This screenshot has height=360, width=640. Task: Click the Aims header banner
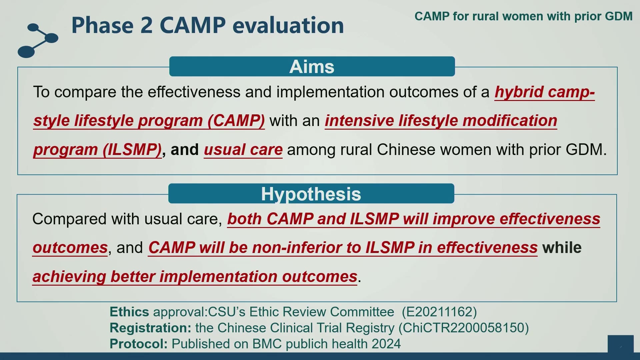pyautogui.click(x=312, y=66)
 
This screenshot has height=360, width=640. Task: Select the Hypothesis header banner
pyautogui.click(x=311, y=193)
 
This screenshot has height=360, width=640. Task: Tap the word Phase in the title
pyautogui.click(x=102, y=25)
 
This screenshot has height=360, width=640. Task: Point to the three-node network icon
pyautogui.click(x=38, y=40)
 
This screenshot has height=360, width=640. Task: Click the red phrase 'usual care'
pyautogui.click(x=243, y=149)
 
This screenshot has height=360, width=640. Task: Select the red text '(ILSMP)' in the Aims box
pyautogui.click(x=132, y=150)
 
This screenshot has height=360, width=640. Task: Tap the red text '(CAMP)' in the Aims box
pyautogui.click(x=236, y=121)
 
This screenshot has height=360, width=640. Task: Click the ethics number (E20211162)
pyautogui.click(x=439, y=312)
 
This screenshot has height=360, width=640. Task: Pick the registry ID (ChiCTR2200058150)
pyautogui.click(x=464, y=328)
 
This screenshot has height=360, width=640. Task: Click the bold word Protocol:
pyautogui.click(x=139, y=344)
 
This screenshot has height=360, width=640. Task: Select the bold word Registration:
pyautogui.click(x=150, y=328)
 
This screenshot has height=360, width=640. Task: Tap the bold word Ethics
pyautogui.click(x=129, y=312)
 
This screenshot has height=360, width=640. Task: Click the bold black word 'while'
pyautogui.click(x=562, y=247)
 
